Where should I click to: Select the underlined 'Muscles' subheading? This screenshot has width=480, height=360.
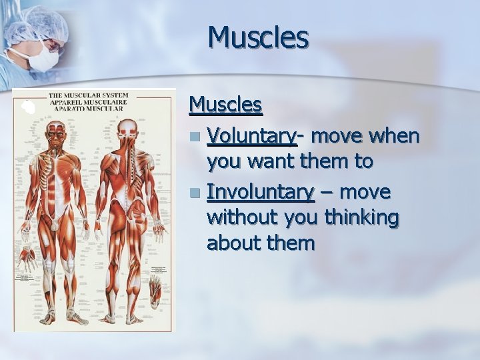click(225, 105)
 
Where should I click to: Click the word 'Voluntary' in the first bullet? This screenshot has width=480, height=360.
click(251, 136)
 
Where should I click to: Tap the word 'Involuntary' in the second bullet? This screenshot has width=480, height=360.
click(261, 192)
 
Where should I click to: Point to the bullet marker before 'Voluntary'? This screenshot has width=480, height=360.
click(193, 137)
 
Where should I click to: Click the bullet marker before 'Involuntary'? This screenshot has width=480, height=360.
click(193, 193)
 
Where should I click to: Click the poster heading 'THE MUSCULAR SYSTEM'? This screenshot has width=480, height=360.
click(88, 95)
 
